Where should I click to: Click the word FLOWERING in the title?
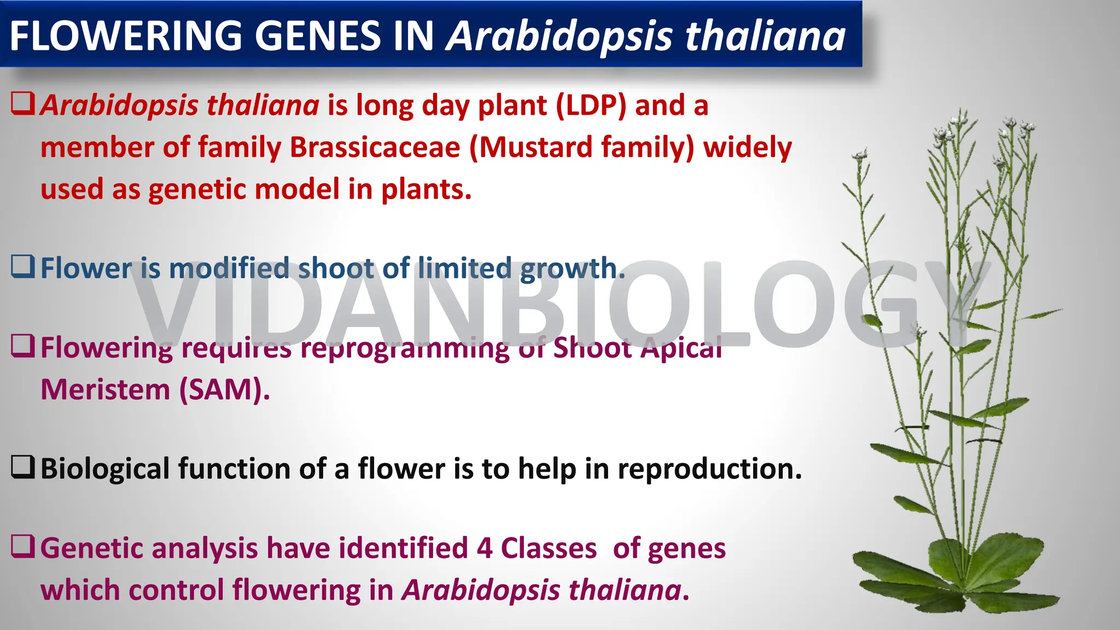click(126, 36)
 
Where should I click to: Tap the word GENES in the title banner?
click(317, 36)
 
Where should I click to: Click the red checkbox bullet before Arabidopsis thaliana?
click(23, 103)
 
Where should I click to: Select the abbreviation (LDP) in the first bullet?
click(591, 105)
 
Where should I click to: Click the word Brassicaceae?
click(375, 147)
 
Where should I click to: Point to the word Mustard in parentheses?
click(536, 147)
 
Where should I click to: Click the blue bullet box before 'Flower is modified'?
click(23, 266)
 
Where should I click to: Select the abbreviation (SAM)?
click(224, 389)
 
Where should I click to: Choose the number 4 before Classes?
click(485, 548)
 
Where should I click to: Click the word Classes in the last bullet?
click(549, 548)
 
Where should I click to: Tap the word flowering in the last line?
click(295, 591)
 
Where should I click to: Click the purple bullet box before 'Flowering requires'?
click(23, 346)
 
